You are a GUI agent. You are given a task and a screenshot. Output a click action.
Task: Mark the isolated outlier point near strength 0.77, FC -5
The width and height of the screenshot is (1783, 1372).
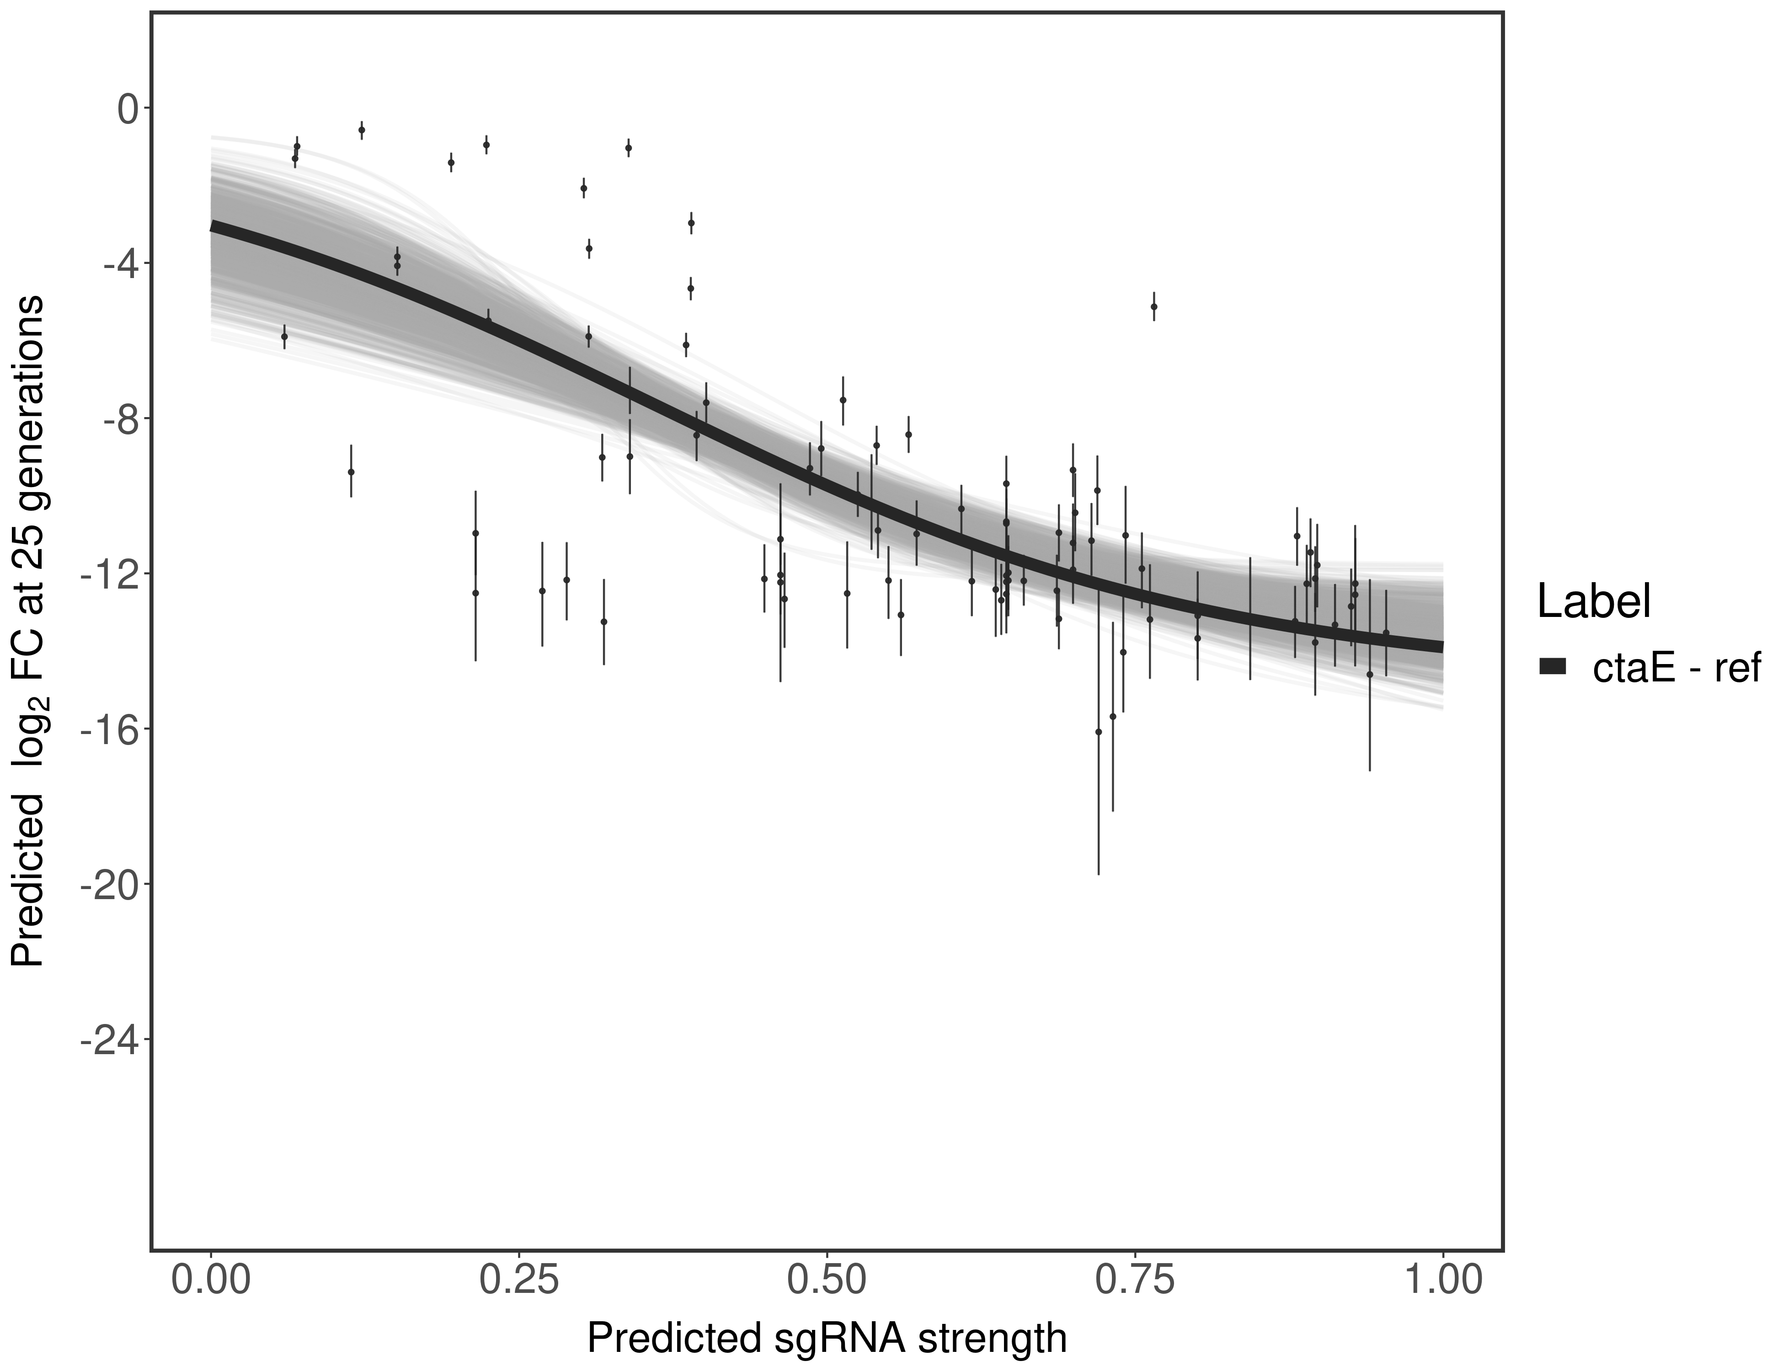[1153, 306]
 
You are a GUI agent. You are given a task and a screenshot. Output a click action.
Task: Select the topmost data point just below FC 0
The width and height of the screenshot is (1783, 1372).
[362, 130]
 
